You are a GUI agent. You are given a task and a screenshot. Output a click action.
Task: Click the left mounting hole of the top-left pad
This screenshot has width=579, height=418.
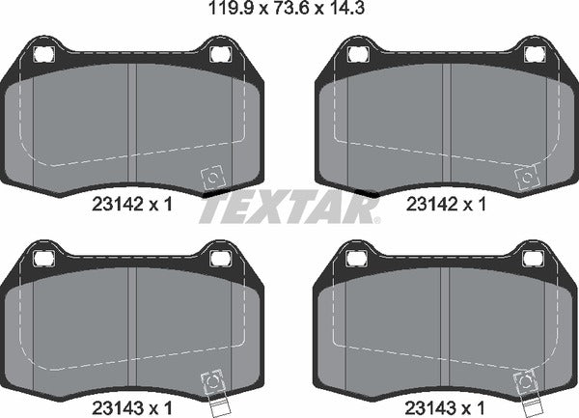click(41, 53)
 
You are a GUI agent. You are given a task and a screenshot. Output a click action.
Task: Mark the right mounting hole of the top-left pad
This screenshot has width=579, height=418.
click(218, 53)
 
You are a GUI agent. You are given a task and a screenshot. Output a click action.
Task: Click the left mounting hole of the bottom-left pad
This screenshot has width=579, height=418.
click(41, 259)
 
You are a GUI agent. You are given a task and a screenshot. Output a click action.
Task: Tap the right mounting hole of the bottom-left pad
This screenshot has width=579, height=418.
click(218, 259)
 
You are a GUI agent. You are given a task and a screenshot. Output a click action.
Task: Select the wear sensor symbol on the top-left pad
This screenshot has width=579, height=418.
click(210, 179)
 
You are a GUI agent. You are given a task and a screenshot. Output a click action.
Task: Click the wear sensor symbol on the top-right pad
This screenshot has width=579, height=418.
click(527, 179)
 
